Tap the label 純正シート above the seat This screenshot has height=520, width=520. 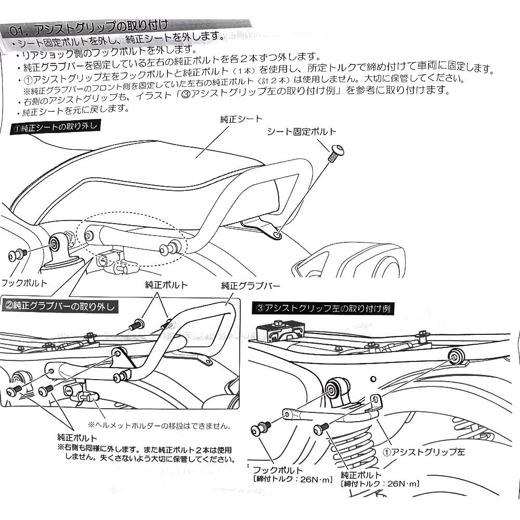(x=241, y=119)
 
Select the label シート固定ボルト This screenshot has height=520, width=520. (x=302, y=132)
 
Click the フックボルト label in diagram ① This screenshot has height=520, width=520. (x=24, y=283)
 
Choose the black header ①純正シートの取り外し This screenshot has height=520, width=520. (x=55, y=127)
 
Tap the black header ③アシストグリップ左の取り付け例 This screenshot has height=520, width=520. (x=323, y=308)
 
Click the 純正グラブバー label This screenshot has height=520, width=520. (x=251, y=285)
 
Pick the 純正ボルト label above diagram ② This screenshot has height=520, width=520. (x=166, y=285)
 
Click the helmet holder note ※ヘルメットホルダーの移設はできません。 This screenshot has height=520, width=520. (x=160, y=426)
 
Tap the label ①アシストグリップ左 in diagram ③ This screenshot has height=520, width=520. (x=424, y=452)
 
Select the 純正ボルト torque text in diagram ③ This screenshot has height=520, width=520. (x=380, y=484)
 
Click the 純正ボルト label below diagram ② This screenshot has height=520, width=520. (x=77, y=438)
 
